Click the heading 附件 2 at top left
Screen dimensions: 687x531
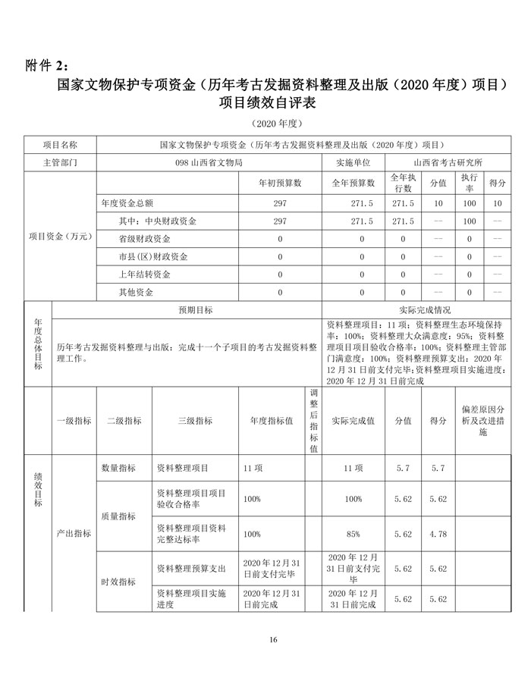46,63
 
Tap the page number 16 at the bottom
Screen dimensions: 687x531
273,641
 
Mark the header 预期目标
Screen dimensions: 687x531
195,310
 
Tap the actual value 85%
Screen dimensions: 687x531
353,535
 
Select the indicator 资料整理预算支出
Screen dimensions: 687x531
191,568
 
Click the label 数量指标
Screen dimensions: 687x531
119,469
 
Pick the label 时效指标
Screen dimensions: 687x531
119,582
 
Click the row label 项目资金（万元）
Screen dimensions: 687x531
60,237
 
